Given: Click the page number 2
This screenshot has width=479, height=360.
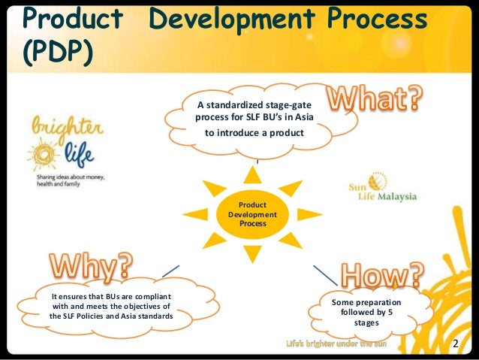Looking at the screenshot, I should (455, 344).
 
